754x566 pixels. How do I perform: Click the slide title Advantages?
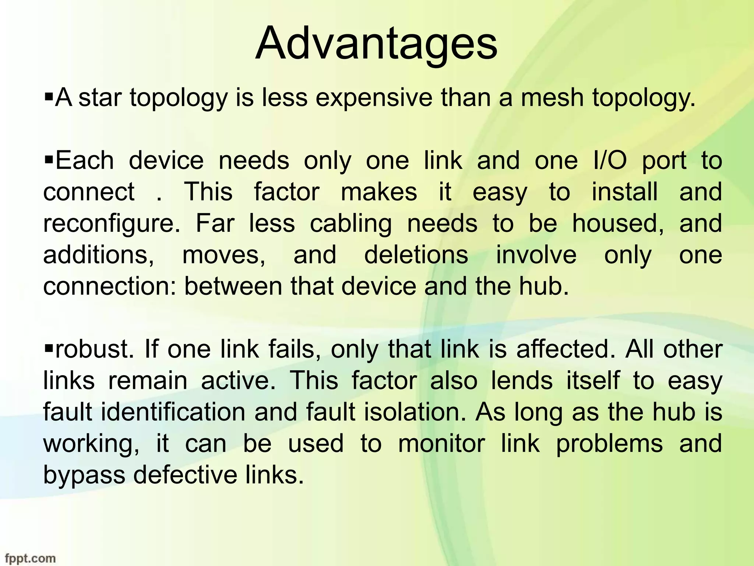point(376,43)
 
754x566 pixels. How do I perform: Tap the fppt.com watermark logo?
point(30,558)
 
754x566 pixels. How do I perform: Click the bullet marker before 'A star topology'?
point(49,98)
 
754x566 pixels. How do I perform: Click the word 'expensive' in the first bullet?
point(374,99)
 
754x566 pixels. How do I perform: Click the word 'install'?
point(624,192)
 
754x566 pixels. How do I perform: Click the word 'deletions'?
point(416,255)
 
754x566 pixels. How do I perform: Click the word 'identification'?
point(173,412)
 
